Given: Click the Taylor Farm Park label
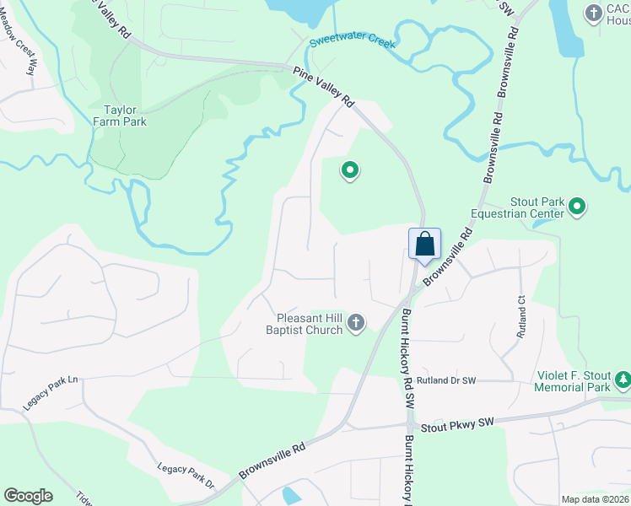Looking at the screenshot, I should click(125, 116).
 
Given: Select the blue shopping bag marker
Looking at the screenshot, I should click(424, 245).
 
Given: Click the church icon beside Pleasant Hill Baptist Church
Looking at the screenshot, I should click(356, 322).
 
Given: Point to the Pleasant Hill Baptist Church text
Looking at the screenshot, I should click(310, 324).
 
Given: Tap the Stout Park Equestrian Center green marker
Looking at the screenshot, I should click(577, 207).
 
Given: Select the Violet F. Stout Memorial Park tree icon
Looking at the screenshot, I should click(623, 380).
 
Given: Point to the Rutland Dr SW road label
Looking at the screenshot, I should click(445, 381).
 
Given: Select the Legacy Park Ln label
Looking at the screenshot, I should click(50, 392).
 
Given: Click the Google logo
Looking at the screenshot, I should click(28, 495).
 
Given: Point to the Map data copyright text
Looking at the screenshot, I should click(596, 499).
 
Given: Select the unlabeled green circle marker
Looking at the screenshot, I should click(349, 171).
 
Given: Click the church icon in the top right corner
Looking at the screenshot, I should click(594, 13).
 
